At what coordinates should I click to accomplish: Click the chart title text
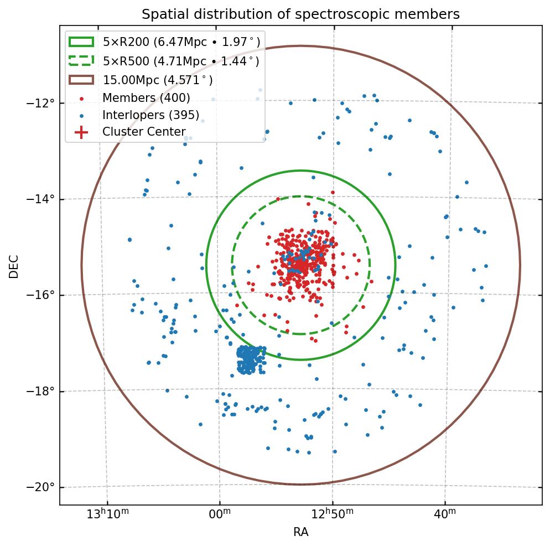(300, 14)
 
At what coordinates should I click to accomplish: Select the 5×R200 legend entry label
(181, 42)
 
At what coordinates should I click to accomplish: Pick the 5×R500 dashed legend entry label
(181, 61)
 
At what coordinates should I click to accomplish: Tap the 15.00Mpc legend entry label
(158, 80)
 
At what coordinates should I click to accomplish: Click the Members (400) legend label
(146, 98)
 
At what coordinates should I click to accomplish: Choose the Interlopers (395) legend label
(151, 115)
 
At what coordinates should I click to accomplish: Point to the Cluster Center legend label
(144, 132)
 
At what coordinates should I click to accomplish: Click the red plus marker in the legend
(81, 132)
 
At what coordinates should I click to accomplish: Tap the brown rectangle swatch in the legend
(81, 80)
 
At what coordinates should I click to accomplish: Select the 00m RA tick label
(220, 515)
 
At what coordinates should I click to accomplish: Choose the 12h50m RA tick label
(331, 515)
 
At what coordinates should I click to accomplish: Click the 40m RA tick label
(444, 515)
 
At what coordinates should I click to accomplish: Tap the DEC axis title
(14, 266)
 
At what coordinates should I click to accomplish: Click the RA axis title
(300, 533)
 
